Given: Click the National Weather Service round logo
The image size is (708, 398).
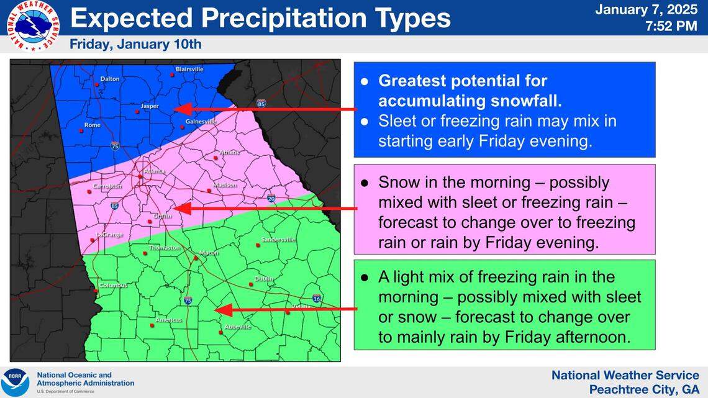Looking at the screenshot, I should (33, 25).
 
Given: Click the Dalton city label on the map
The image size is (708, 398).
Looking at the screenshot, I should (109, 79).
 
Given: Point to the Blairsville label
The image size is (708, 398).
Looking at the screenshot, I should (189, 69).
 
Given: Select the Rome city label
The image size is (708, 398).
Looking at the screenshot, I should (92, 125).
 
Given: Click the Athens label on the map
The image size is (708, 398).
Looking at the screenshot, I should (230, 152).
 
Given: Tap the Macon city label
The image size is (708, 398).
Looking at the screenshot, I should (209, 253).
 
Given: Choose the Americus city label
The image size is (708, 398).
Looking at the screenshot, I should (168, 320).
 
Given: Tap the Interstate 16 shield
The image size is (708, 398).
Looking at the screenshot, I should (317, 299).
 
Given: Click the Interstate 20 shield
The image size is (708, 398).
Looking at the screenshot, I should (271, 199).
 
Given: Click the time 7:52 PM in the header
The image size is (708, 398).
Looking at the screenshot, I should (673, 27).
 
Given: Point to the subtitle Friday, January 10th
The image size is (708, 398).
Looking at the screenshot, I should (135, 45).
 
